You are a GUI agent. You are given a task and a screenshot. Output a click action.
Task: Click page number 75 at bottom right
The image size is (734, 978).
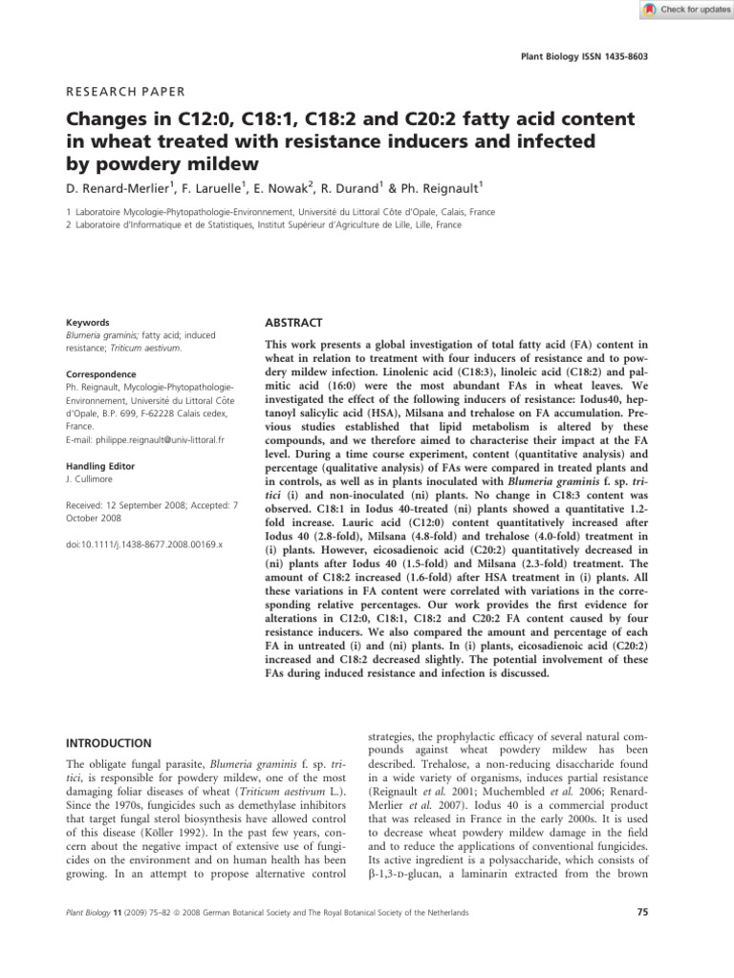click(641, 913)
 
